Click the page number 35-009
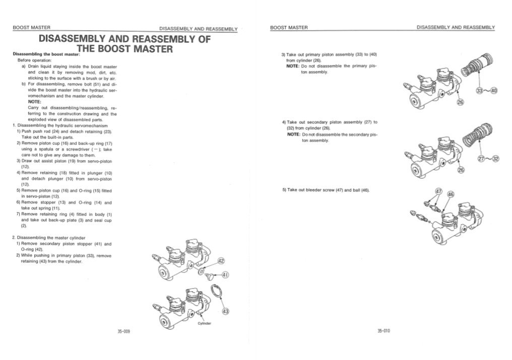(x=123, y=331)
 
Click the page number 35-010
(x=383, y=331)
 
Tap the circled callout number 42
(x=221, y=261)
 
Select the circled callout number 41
(x=225, y=275)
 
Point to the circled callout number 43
(x=225, y=312)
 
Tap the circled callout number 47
(x=438, y=192)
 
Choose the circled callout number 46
(x=450, y=194)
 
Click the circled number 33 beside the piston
(x=479, y=91)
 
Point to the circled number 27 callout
(x=480, y=160)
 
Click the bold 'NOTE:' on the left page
(x=35, y=102)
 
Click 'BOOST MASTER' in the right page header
(x=289, y=27)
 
